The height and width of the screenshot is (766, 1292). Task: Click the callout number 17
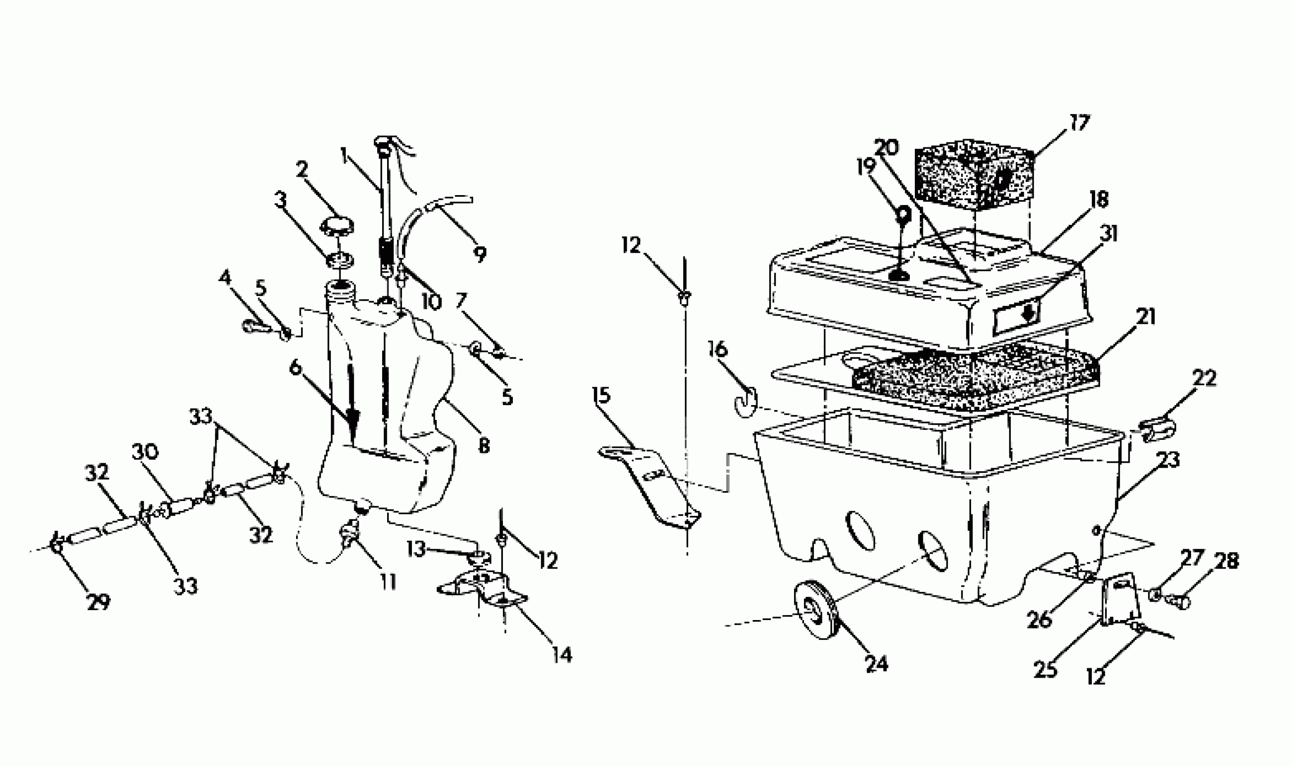pyautogui.click(x=1078, y=123)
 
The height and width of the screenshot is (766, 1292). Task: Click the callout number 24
pyautogui.click(x=877, y=663)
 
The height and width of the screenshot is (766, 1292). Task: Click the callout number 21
pyautogui.click(x=1145, y=316)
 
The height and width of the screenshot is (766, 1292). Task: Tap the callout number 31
pyautogui.click(x=1108, y=233)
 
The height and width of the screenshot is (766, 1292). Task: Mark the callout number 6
pyautogui.click(x=295, y=368)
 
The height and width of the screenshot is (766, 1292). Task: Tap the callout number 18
pyautogui.click(x=1099, y=200)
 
